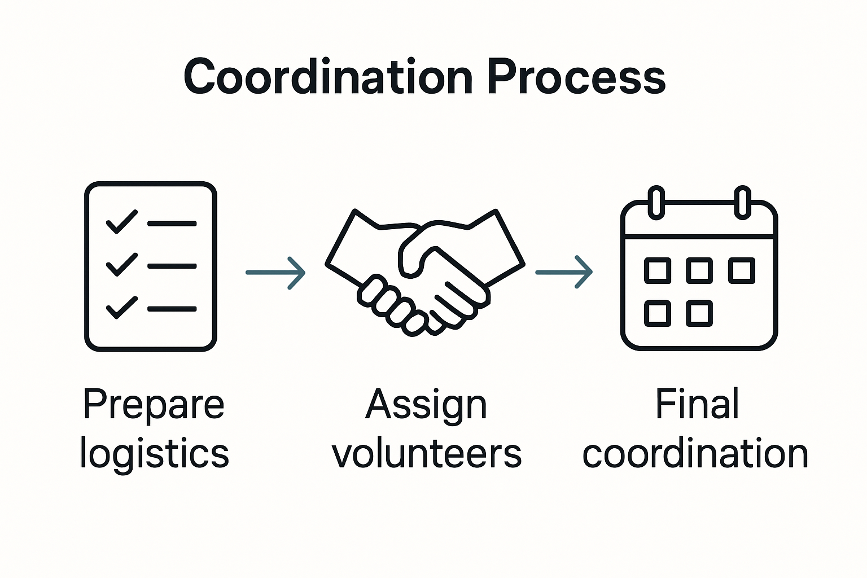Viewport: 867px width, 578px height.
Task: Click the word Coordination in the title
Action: pos(328,77)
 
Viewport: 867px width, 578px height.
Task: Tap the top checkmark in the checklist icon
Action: pos(121,221)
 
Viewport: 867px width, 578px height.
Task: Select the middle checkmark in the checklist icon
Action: pos(121,264)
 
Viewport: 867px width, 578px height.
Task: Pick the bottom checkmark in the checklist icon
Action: pos(121,307)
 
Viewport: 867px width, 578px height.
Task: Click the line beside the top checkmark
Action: pos(172,224)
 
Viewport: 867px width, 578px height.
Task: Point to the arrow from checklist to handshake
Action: pos(275,273)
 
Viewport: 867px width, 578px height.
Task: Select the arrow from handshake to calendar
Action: pos(564,273)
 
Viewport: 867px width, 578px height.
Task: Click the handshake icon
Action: pos(424,271)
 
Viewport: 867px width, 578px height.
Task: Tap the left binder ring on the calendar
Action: pos(656,202)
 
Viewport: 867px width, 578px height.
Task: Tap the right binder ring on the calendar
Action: pos(742,202)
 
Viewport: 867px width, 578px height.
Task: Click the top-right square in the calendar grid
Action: pos(741,270)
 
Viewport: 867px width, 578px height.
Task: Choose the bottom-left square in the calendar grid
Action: pos(658,313)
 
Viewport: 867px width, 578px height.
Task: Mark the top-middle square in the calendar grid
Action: pos(699,270)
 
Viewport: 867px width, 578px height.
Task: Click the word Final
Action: pos(697,404)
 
